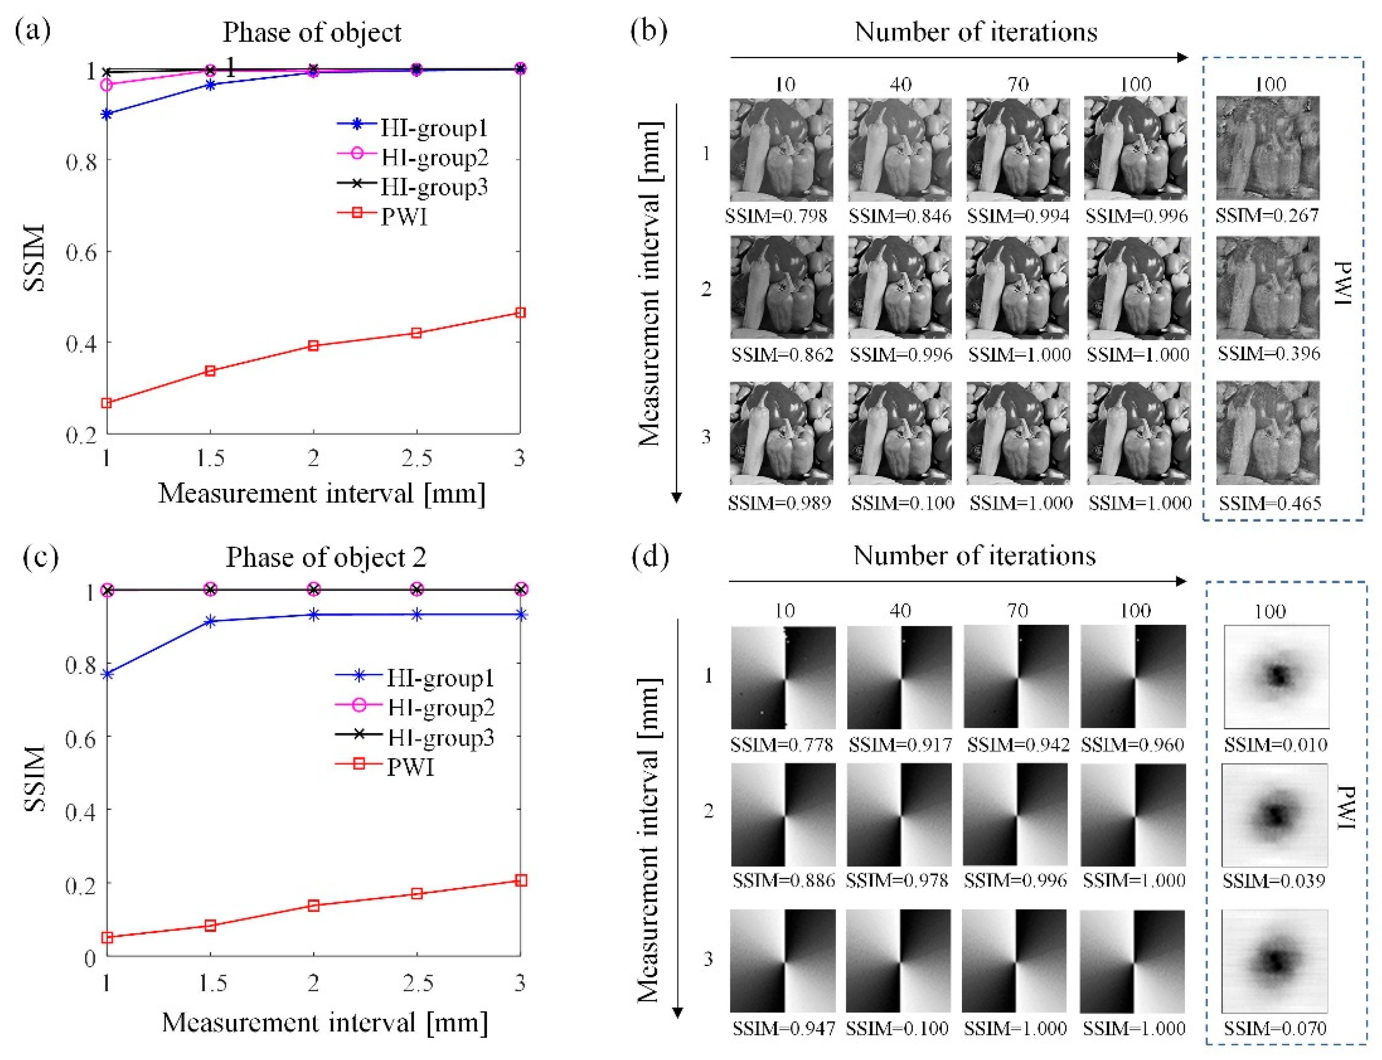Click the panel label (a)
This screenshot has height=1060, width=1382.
[x=32, y=30]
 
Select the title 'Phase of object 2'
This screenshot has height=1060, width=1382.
[x=326, y=557]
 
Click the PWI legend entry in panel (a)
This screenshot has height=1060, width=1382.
[x=404, y=217]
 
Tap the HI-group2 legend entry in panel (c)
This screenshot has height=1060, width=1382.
[x=440, y=707]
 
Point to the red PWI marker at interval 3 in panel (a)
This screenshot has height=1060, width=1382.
[x=520, y=312]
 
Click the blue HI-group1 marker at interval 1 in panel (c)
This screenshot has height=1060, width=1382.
[x=107, y=674]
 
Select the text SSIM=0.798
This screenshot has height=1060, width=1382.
[x=776, y=217]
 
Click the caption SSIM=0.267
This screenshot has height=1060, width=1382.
[x=1267, y=216]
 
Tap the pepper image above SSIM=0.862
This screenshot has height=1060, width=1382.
[x=782, y=287]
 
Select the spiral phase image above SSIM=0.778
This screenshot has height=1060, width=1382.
[x=783, y=677]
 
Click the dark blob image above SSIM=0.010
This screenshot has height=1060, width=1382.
[x=1276, y=676]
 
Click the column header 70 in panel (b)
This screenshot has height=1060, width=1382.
[x=1017, y=84]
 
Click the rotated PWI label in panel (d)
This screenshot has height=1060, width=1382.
[x=1346, y=808]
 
